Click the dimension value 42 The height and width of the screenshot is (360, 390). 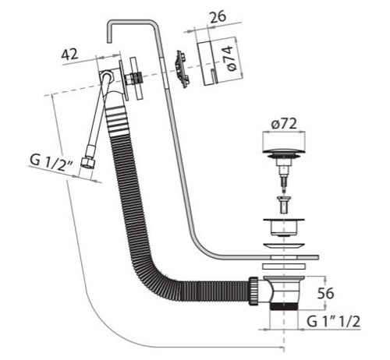pos(69,55)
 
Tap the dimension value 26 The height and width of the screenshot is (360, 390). pos(218,16)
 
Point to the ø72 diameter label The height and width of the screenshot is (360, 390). pos(284,124)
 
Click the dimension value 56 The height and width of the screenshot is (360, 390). pos(325,293)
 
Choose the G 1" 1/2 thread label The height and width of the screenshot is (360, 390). pos(334,322)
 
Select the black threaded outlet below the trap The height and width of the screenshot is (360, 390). pos(284,306)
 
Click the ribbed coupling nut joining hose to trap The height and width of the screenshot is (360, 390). pos(253,291)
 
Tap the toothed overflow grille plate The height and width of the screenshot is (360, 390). pos(182,69)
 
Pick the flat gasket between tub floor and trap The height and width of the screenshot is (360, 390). pos(284,266)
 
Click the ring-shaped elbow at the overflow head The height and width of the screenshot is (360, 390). pos(106,76)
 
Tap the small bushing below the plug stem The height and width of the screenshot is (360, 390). pos(283,205)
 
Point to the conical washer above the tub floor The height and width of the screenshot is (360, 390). pos(284,245)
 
